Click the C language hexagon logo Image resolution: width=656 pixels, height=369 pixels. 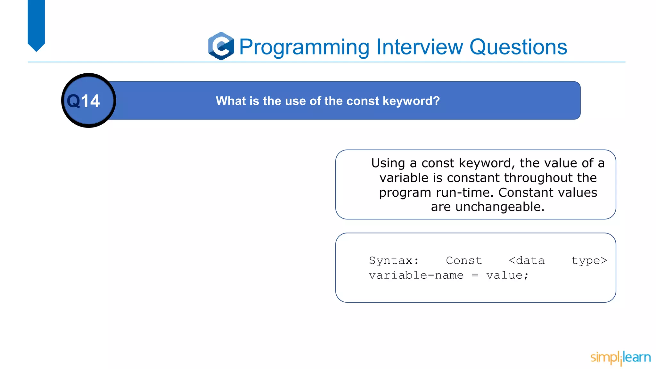221,46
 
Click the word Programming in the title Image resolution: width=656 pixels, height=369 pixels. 304,47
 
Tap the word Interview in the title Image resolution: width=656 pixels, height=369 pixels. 419,47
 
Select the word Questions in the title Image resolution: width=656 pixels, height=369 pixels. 518,47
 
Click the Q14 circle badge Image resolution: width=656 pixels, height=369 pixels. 88,101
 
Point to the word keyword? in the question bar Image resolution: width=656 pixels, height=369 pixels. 411,101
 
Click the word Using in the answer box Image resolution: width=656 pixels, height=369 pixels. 388,163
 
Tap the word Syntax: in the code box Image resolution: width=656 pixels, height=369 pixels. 394,260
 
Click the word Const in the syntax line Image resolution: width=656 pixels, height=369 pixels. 464,260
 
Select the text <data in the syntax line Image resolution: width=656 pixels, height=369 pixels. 527,260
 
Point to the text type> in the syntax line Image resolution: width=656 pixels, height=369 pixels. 589,261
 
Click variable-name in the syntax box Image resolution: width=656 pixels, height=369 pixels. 416,275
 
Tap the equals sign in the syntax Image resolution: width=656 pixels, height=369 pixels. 475,275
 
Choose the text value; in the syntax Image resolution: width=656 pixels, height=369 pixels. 507,275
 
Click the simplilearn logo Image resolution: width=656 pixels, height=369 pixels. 620,357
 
